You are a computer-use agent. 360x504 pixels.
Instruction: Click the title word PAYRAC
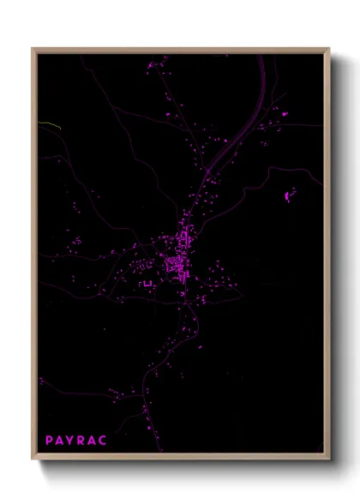(76, 441)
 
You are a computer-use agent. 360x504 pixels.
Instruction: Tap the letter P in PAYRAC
(50, 441)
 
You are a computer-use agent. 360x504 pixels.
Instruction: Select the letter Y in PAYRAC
(71, 441)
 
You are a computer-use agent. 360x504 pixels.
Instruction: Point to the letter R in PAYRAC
(82, 441)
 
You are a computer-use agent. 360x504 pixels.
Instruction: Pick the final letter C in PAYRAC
(104, 441)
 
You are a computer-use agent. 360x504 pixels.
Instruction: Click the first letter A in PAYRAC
(60, 441)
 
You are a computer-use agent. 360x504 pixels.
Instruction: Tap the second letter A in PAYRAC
(93, 441)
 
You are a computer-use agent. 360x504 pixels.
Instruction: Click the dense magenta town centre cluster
(177, 257)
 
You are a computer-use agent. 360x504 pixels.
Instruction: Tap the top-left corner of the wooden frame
(33, 49)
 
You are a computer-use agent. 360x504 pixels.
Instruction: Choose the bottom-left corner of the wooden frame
(33, 459)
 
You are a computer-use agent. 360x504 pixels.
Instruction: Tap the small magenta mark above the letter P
(41, 380)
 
